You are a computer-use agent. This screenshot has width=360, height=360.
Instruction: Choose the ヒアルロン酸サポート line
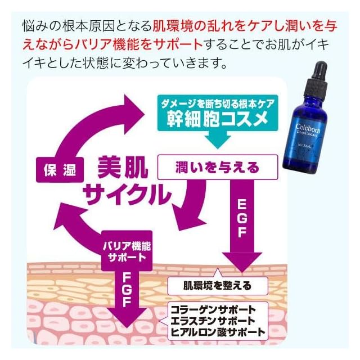(217, 332)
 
